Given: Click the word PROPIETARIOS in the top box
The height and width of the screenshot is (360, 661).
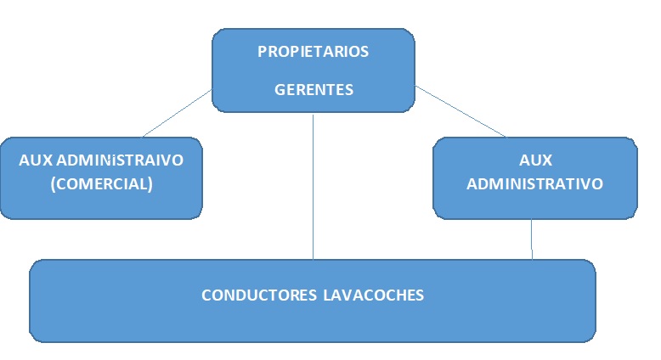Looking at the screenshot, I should [x=313, y=51].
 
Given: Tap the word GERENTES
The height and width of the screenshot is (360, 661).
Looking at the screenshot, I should [x=314, y=89].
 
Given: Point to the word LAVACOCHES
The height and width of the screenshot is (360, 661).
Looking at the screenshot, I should [x=373, y=295].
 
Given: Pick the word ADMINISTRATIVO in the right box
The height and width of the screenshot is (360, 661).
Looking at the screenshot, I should [x=535, y=183].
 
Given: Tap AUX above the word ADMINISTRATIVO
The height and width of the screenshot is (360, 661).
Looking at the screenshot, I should [x=535, y=160].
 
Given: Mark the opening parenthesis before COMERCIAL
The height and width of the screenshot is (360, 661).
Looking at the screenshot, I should [x=54, y=183].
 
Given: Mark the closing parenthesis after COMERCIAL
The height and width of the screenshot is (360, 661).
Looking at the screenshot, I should [x=150, y=183].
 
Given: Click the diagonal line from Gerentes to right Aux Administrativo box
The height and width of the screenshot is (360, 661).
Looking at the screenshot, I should [x=459, y=110].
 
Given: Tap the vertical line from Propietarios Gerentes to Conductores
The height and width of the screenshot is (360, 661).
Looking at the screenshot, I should [x=314, y=187].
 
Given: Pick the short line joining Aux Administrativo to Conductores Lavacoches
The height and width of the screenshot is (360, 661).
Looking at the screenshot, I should [x=532, y=239].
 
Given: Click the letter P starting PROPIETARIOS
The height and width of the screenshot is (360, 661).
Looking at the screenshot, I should [x=262, y=51].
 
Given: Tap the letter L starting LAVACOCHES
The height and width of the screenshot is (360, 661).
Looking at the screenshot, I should [x=327, y=295].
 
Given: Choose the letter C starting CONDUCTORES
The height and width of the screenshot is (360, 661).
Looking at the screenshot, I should [x=206, y=295].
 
